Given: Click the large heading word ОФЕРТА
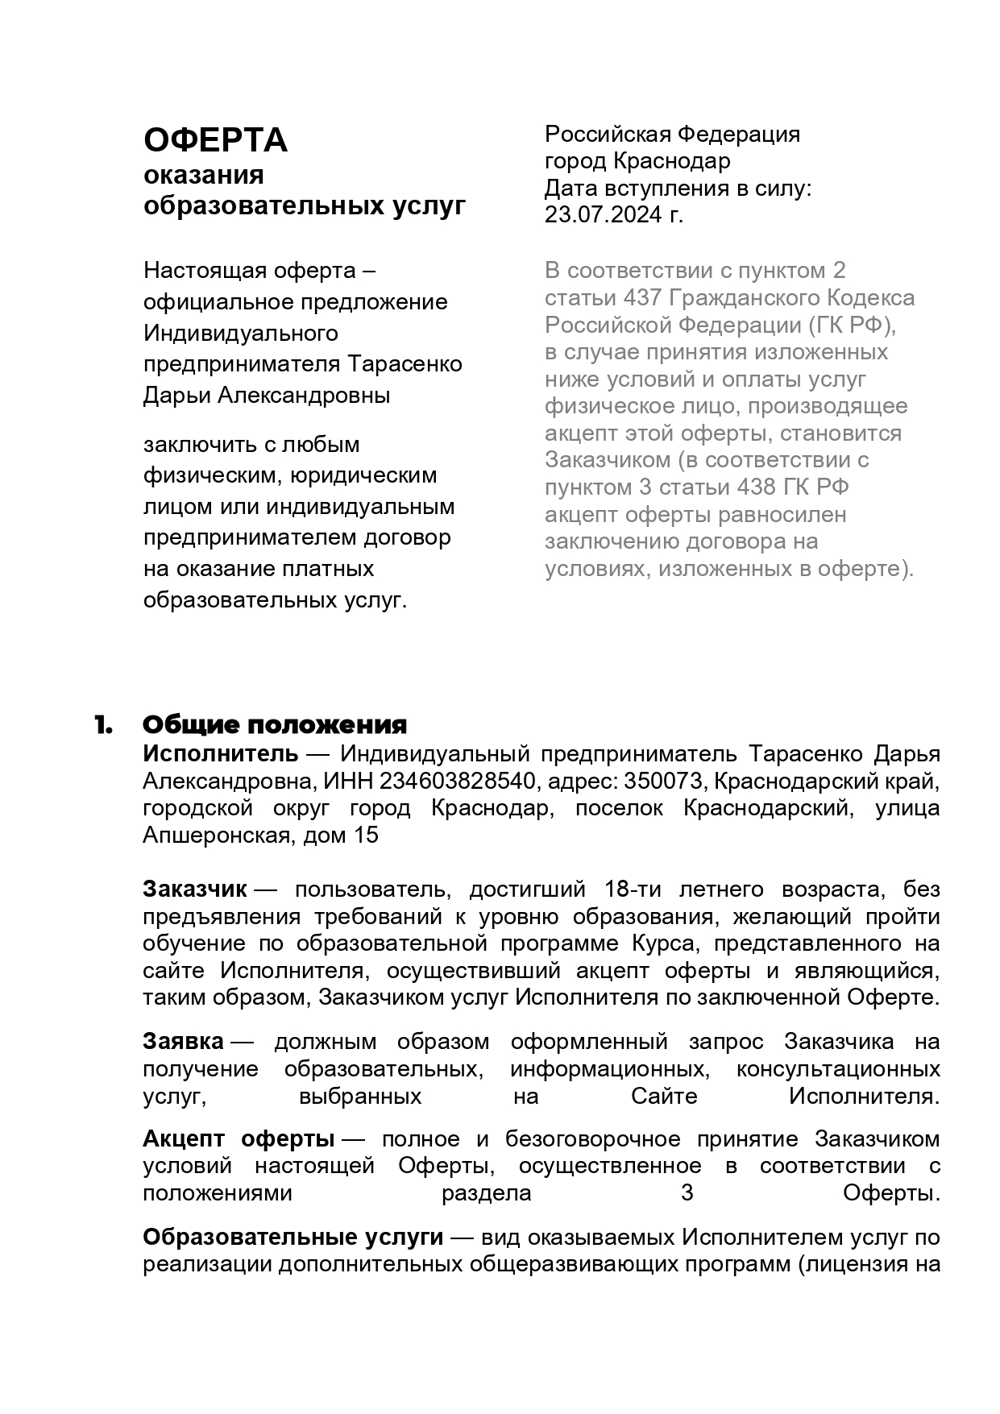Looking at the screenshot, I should [x=215, y=140].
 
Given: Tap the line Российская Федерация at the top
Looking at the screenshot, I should [x=672, y=134].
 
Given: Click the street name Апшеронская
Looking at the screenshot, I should [x=216, y=836].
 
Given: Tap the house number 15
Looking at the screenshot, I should [x=365, y=836].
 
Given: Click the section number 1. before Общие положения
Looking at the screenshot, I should [x=102, y=724].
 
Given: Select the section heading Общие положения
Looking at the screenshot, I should [x=275, y=724].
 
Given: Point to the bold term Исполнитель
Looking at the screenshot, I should [x=220, y=754].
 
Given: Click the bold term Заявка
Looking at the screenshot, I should [x=183, y=1041].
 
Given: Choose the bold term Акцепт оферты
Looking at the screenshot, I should [x=239, y=1138].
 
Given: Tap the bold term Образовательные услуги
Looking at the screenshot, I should [x=293, y=1236].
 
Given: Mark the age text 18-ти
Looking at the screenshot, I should [x=632, y=889].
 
